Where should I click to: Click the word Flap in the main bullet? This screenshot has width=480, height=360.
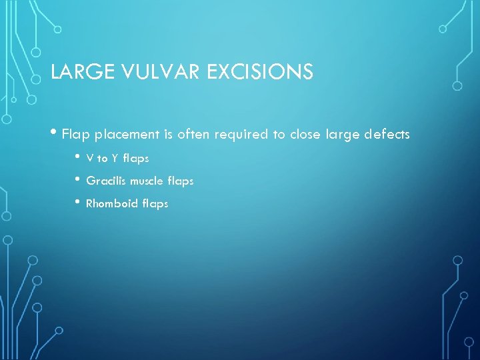tap(76, 135)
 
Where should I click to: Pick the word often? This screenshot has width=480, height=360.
tap(193, 135)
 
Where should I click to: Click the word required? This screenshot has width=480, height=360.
tap(242, 135)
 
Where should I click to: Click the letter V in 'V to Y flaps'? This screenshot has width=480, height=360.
tap(90, 159)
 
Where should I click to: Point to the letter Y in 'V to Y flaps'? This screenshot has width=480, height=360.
tap(115, 159)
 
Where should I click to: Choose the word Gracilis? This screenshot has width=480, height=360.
tap(106, 181)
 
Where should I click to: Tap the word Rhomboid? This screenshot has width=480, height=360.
tap(112, 203)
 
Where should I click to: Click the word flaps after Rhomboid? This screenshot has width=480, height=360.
tap(155, 204)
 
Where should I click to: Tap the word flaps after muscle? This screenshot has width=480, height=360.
tap(181, 181)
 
